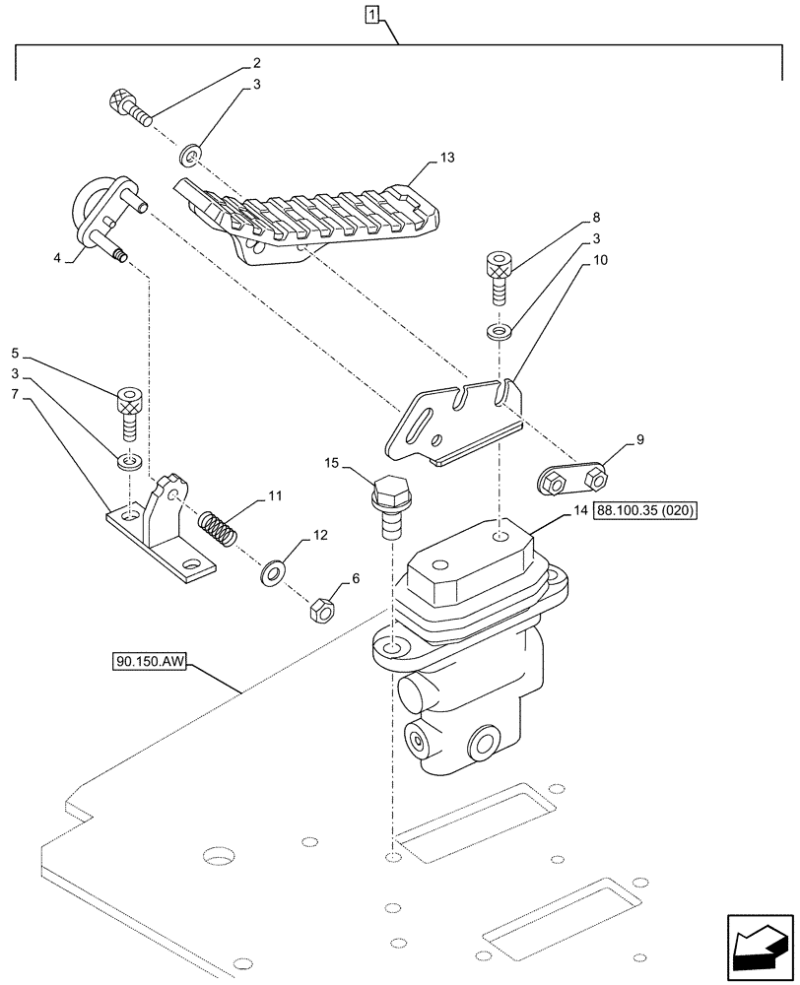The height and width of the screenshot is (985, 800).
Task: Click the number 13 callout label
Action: [448, 158]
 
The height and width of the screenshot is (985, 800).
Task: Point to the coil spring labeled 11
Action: [222, 530]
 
